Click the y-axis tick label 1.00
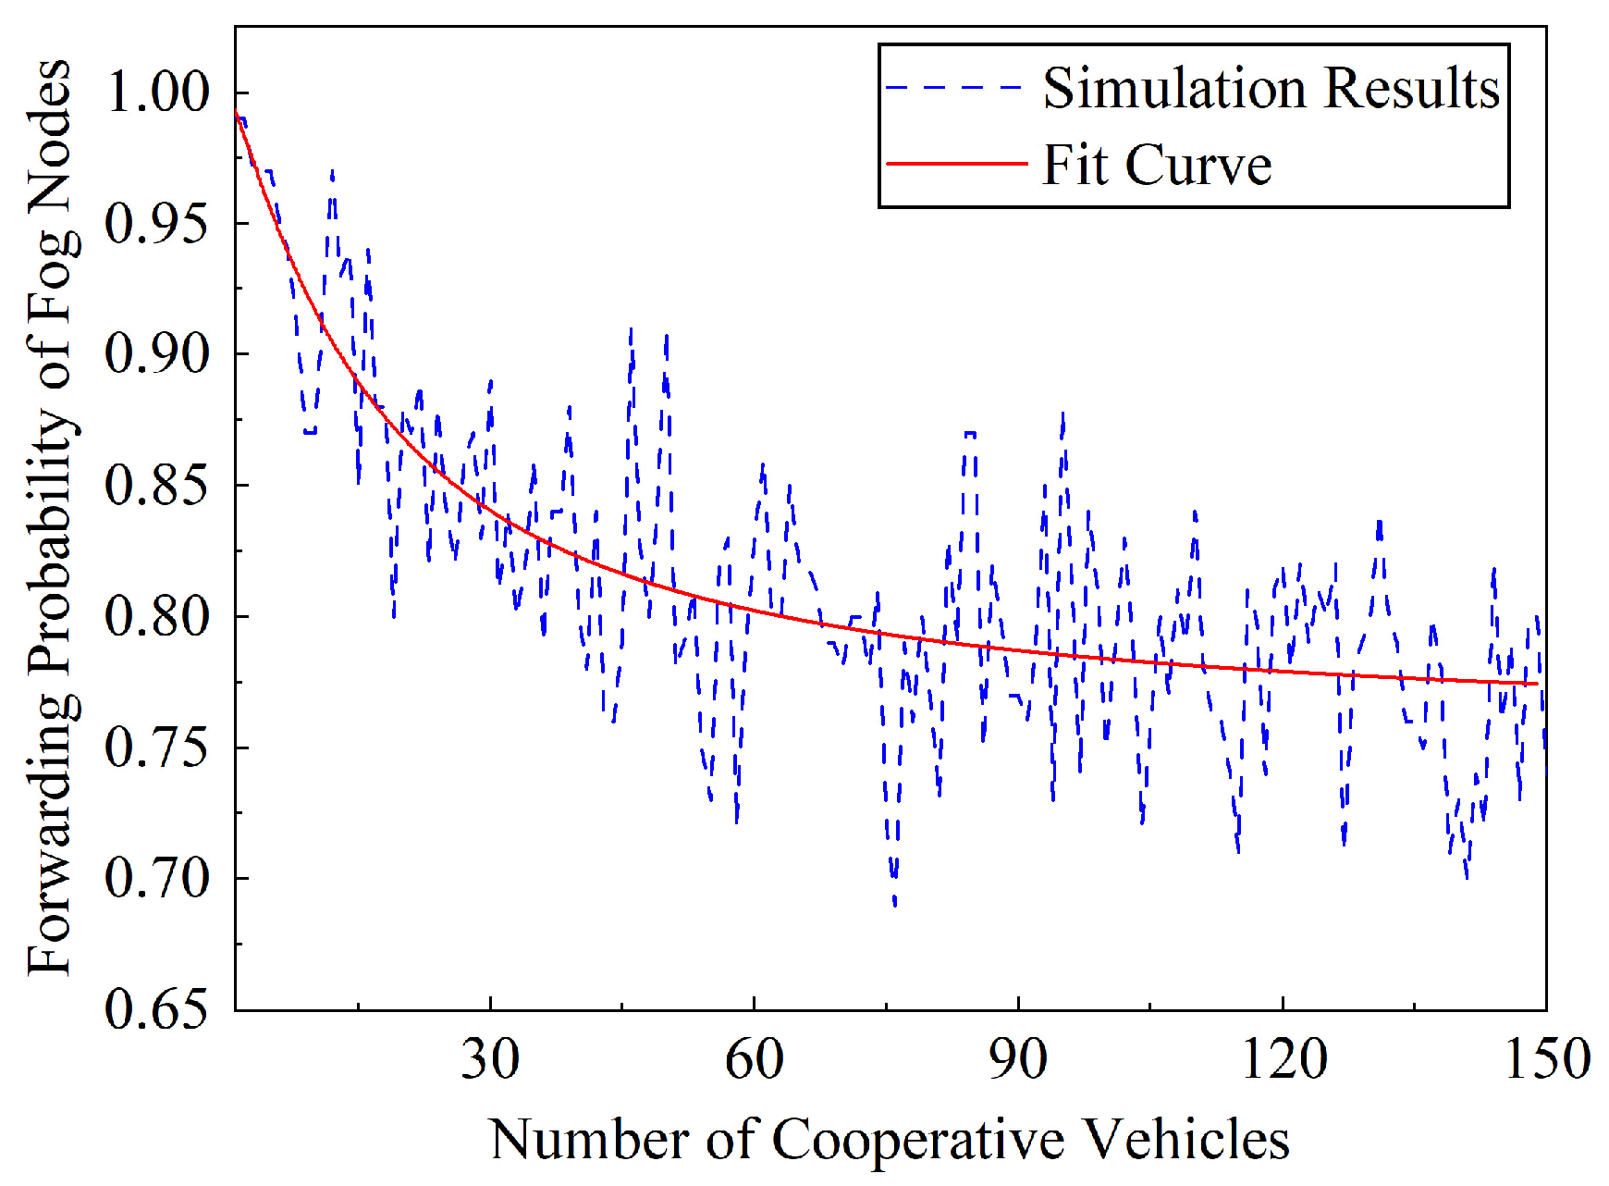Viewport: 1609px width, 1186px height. [157, 92]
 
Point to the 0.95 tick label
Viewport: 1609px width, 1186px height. [157, 223]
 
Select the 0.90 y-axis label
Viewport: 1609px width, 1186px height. [157, 353]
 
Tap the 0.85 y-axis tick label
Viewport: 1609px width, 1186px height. [157, 485]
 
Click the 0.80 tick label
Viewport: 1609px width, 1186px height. [157, 616]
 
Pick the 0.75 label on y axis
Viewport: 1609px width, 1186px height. [157, 747]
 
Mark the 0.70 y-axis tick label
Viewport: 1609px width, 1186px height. [157, 878]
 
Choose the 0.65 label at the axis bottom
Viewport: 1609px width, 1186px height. [157, 1008]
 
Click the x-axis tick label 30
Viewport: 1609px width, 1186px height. [490, 1058]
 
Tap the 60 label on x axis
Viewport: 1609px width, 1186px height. [754, 1058]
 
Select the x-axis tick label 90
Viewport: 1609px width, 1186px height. [1018, 1058]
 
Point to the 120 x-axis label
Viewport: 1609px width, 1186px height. [1284, 1058]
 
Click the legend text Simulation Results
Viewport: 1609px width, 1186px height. [1271, 89]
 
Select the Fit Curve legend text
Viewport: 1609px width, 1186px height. [1157, 166]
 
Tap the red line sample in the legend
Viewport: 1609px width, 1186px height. [956, 164]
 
